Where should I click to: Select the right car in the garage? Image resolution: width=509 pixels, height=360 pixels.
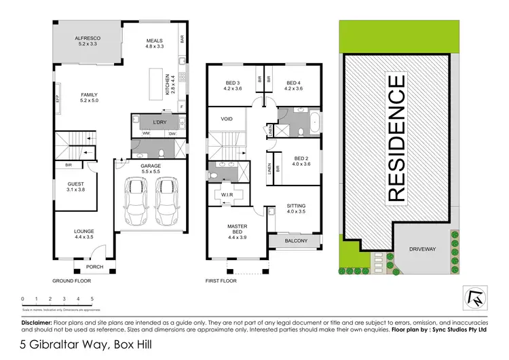pos(167,202)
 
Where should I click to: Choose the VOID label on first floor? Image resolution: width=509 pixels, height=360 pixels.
pos(227,118)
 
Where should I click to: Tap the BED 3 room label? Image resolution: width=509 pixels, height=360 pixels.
pos(233,84)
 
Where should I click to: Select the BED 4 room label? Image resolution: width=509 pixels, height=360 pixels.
pos(293,84)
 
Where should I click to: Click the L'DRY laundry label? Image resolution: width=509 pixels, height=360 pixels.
pos(159,122)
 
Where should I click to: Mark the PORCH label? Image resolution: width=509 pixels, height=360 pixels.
pos(95,267)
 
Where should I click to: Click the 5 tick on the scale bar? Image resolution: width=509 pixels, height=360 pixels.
pos(92,299)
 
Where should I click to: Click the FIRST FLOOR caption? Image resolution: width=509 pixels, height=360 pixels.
pos(221,280)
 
